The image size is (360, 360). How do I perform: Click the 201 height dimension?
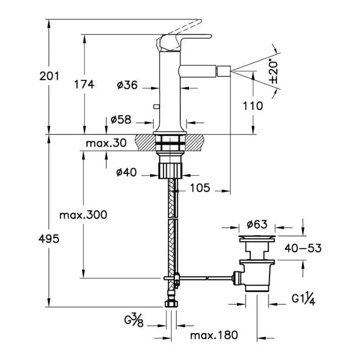49,76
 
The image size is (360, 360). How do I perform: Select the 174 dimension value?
84,84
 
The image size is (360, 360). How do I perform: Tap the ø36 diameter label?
127,85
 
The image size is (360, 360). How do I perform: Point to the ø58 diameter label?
121,120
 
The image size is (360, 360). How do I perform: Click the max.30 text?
106,143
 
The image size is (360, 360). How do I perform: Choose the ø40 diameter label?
127,172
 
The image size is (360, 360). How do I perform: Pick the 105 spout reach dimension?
200,188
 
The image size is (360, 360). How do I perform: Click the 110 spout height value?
253,106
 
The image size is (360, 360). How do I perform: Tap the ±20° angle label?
274,71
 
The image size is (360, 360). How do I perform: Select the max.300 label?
83,215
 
